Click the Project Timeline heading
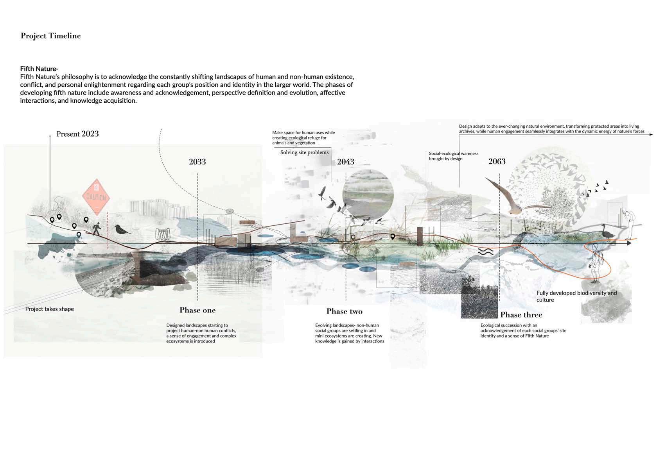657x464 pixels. coord(51,36)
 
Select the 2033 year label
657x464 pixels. coord(197,162)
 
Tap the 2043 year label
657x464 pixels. coord(345,162)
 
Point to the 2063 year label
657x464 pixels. coord(497,161)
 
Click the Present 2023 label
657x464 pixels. coord(77,134)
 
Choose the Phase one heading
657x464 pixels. coord(197,310)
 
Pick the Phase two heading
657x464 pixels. coord(345,311)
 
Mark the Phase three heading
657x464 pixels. coord(521,315)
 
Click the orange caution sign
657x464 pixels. coord(95,197)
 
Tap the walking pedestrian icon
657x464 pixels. coord(96,228)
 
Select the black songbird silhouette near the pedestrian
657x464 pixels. coord(122,229)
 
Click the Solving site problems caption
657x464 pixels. coord(304,152)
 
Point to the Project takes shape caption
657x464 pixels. coord(50,309)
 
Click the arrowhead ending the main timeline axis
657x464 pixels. coord(629,243)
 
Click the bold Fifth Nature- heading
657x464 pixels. coord(39,69)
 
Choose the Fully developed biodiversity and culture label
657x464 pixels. coord(576,296)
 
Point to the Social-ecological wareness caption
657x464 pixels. coord(454,156)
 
